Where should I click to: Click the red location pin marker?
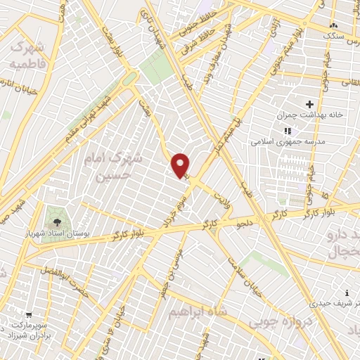(x=181, y=165)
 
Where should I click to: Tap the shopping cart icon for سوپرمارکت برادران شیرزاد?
(x=28, y=316)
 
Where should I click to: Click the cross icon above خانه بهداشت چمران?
(x=309, y=104)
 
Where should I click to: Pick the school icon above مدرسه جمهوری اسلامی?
(x=287, y=131)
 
